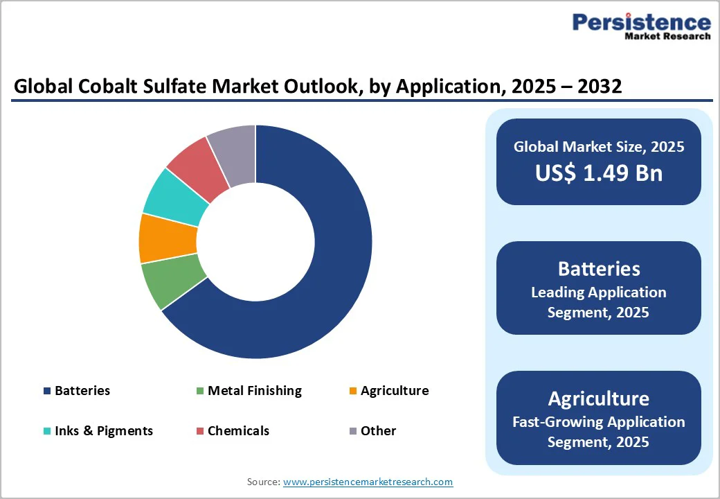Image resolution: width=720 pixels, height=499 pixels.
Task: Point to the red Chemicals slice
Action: [x=198, y=162]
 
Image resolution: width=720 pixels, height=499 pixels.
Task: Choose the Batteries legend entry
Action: [x=82, y=391]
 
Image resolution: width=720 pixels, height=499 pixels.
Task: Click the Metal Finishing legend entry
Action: [x=254, y=391]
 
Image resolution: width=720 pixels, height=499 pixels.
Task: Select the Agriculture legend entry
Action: [x=394, y=391]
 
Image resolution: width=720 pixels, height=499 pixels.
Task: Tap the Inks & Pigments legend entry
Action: [x=103, y=431]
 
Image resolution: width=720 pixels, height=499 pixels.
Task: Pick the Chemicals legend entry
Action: [x=237, y=431]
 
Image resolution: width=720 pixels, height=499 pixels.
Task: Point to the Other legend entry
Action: [x=378, y=431]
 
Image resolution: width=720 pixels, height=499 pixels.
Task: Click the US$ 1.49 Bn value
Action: [x=598, y=173]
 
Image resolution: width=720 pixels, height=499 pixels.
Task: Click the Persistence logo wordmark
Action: [x=641, y=23]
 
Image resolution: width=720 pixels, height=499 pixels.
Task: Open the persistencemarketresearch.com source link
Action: [x=368, y=482]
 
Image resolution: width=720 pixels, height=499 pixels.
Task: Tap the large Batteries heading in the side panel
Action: [x=598, y=269]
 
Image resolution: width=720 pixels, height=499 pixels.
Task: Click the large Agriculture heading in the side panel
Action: [x=598, y=399]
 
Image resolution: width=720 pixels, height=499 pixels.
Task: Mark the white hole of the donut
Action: [x=255, y=242]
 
